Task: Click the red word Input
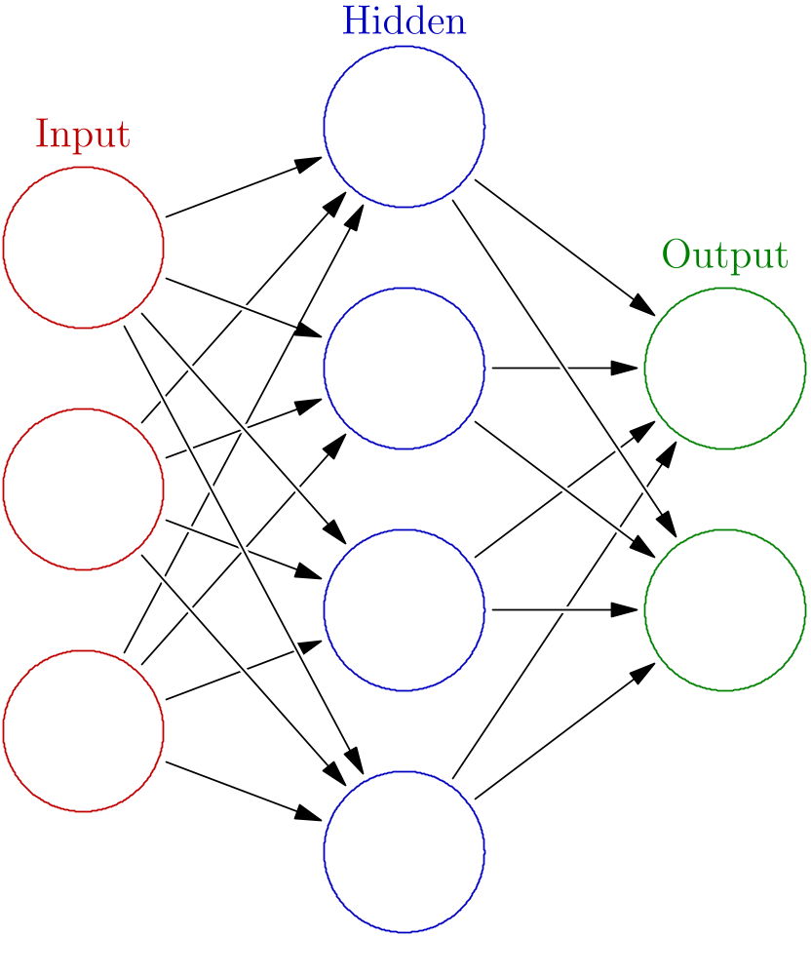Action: pyautogui.click(x=83, y=135)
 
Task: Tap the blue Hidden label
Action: pyautogui.click(x=404, y=21)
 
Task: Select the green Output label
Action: pyautogui.click(x=724, y=255)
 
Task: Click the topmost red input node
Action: pyautogui.click(x=83, y=248)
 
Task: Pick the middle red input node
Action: pyautogui.click(x=83, y=489)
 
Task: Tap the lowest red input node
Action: pyautogui.click(x=83, y=731)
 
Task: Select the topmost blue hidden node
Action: pyautogui.click(x=404, y=127)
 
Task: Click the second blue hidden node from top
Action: pyautogui.click(x=404, y=369)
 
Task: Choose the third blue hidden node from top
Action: pyautogui.click(x=404, y=610)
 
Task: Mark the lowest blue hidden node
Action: pyautogui.click(x=404, y=852)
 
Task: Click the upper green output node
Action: pyautogui.click(x=724, y=369)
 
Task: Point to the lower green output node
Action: pyautogui.click(x=724, y=610)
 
